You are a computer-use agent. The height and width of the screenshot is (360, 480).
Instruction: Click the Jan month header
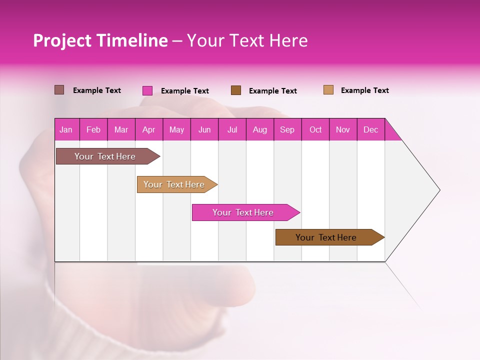click(x=66, y=129)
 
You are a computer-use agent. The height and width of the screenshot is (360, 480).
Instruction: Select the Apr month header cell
click(x=149, y=129)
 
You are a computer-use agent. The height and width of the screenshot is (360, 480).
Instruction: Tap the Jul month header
click(x=232, y=129)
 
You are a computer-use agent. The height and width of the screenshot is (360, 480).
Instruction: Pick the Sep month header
click(x=287, y=129)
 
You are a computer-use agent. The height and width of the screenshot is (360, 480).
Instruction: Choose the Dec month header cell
click(x=370, y=129)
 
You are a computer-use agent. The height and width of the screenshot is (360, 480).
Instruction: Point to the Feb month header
click(x=93, y=129)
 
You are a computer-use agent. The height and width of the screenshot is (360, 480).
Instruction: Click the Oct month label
click(x=315, y=129)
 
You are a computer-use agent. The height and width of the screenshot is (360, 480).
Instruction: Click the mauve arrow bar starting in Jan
click(x=105, y=156)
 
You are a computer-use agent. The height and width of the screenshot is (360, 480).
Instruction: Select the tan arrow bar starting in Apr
click(x=174, y=184)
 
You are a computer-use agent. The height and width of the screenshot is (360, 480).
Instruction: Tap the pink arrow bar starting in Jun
click(x=243, y=212)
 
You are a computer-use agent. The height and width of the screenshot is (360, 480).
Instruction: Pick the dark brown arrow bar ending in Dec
click(x=326, y=237)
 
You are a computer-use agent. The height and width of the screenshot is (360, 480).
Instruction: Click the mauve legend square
click(x=59, y=90)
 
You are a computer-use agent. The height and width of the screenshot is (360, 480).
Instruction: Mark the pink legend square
click(x=147, y=90)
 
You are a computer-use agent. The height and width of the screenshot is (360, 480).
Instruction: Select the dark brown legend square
click(x=236, y=90)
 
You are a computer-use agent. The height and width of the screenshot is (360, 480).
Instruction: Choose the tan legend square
click(x=328, y=90)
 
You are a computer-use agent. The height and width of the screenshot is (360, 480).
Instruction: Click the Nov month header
click(x=343, y=129)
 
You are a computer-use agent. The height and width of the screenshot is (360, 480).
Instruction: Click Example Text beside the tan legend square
click(x=364, y=90)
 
